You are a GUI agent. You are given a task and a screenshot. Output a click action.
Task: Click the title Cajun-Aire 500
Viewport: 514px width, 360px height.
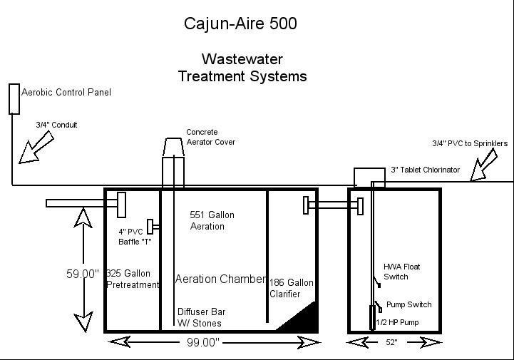[240, 24]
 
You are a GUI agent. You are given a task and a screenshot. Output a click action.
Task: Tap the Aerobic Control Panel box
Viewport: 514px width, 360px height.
[14, 98]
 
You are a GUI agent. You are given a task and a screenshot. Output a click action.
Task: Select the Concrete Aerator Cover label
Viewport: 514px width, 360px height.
[210, 137]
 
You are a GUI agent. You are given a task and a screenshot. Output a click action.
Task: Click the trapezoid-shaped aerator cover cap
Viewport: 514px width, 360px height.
[173, 147]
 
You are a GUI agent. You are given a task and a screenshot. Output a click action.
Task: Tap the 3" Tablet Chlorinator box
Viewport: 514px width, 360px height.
[369, 177]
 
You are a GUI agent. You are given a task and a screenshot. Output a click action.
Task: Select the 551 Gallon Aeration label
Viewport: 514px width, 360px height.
[212, 220]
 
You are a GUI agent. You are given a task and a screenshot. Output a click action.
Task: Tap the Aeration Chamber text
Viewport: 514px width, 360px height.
[220, 279]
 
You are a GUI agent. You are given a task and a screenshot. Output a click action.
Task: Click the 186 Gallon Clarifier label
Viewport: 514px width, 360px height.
[291, 288]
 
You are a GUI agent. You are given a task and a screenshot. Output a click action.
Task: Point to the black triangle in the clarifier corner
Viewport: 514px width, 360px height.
[304, 319]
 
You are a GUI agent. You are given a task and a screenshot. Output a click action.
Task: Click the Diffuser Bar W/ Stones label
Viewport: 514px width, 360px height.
[200, 317]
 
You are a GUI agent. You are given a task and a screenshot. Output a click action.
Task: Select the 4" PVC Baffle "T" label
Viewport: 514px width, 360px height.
[135, 236]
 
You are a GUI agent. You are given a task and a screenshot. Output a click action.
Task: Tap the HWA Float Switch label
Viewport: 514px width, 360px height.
[401, 272]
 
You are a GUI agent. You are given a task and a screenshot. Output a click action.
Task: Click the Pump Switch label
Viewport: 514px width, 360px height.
[408, 304]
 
